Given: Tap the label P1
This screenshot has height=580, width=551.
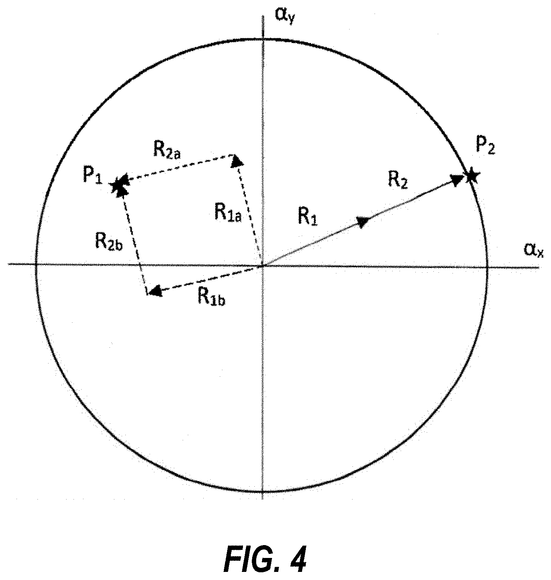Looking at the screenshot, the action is pos(92,176).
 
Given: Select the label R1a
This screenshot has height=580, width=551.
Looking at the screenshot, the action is pos(228,214).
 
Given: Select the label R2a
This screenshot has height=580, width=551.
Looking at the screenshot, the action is pos(167,150).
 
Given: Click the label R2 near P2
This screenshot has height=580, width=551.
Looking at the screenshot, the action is pos(397,181).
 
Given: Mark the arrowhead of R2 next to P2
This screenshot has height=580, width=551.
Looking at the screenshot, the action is pos(458,180).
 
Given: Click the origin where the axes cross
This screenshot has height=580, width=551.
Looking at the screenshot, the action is pos(262,265).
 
